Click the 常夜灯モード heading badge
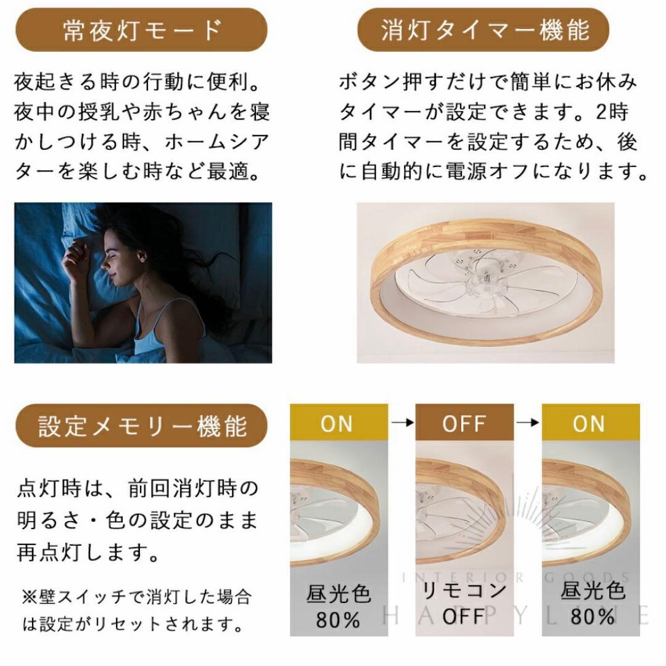pyautogui.click(x=141, y=30)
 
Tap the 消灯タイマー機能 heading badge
pyautogui.click(x=484, y=30)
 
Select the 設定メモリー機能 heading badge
pyautogui.click(x=142, y=425)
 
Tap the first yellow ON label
pyautogui.click(x=337, y=424)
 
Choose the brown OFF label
pyautogui.click(x=464, y=424)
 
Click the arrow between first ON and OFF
pyautogui.click(x=401, y=423)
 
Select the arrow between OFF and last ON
pyautogui.click(x=527, y=423)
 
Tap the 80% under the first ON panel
pyautogui.click(x=339, y=619)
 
